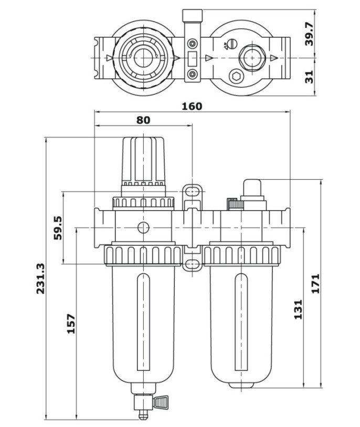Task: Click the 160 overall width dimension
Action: point(192,106)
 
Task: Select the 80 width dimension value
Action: point(143,120)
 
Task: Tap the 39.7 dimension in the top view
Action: point(309,34)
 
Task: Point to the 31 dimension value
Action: point(309,77)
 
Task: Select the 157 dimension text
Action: point(71,323)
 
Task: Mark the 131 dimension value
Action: point(298,310)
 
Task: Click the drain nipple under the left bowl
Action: point(140,410)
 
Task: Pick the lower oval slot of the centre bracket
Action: point(193,263)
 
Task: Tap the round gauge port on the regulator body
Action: point(143,227)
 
